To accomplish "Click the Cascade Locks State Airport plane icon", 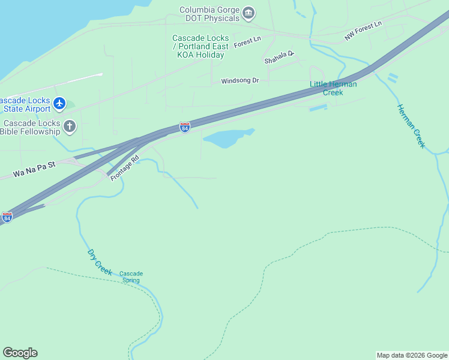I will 59,103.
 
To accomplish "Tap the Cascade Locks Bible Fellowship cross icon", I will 70,126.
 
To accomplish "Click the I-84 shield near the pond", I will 185,128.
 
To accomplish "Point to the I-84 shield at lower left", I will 7,217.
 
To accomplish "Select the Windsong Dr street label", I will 240,80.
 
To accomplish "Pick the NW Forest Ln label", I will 363,32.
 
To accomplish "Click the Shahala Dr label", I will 279,57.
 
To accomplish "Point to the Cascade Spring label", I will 131,277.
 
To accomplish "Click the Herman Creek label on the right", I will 411,126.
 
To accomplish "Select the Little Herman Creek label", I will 333,88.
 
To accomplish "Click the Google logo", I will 20,353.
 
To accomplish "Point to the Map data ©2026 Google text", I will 412,355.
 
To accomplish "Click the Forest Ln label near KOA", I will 247,43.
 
